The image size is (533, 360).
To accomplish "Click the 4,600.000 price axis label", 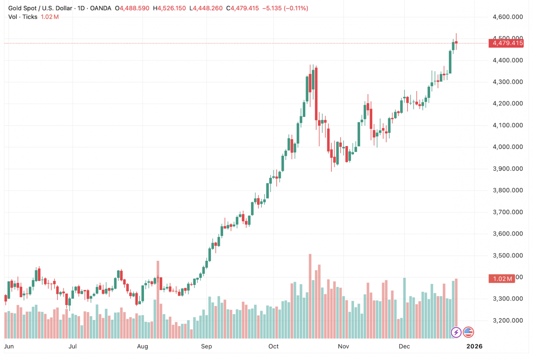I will point(508,17).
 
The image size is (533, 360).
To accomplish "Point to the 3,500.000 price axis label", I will point(508,256).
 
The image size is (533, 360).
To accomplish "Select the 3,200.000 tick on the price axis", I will point(508,320).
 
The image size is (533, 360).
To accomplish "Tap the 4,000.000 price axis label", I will point(508,147).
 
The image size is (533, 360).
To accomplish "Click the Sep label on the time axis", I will point(207,346).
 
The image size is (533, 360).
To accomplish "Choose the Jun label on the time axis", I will point(9,346).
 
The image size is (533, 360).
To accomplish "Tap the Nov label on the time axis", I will point(342,346).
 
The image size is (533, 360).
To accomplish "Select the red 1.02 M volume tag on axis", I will point(501,279).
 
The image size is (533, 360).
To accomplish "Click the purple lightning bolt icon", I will point(456,332).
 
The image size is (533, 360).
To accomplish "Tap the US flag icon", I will point(468,332).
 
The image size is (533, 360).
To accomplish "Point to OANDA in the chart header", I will point(101,8).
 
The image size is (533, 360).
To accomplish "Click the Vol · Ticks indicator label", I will point(24,17).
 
